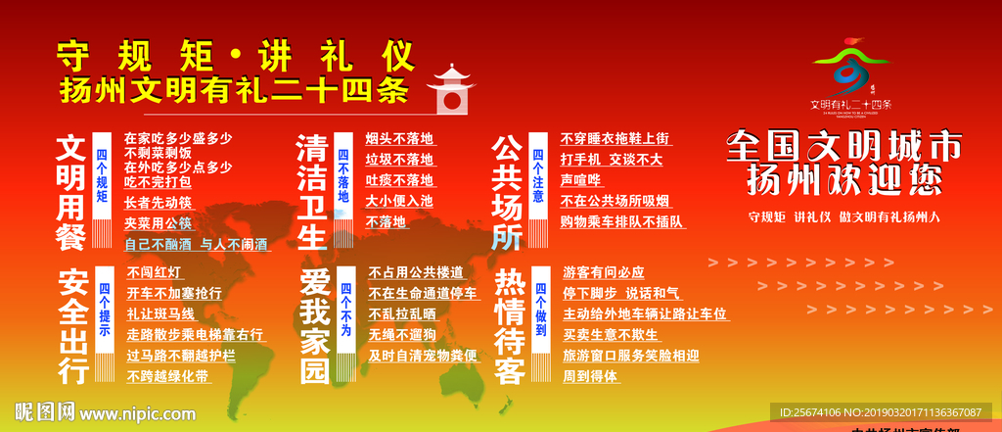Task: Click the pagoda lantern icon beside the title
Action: [x=451, y=89]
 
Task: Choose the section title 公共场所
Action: [x=506, y=192]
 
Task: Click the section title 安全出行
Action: [x=74, y=324]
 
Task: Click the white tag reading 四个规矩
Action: [x=102, y=175]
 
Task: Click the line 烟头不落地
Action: [x=399, y=138]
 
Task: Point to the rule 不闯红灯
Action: [x=155, y=272]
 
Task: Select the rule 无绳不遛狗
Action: [x=402, y=335]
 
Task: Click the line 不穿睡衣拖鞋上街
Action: [x=615, y=138]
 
